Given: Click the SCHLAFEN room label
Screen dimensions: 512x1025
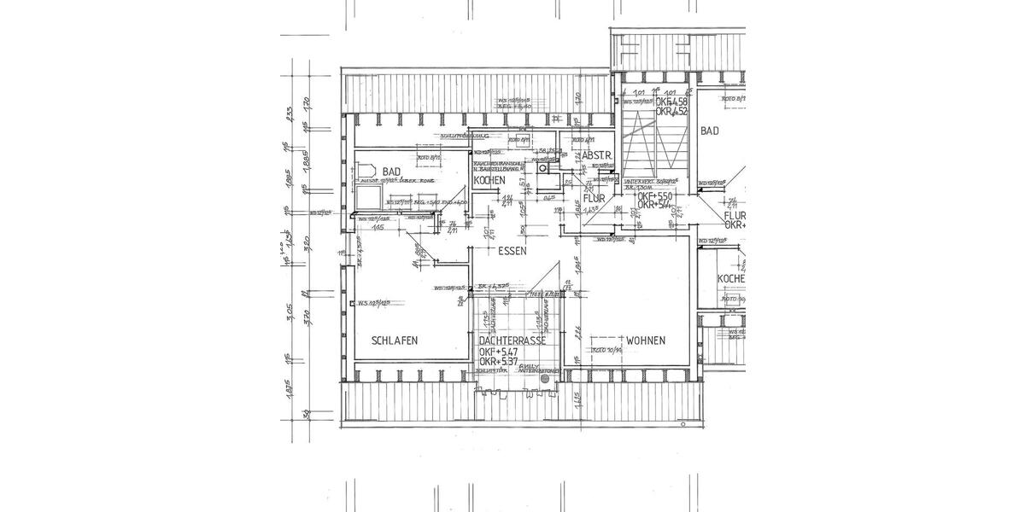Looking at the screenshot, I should [x=395, y=340].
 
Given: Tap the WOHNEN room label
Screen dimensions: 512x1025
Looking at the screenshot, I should [x=646, y=340].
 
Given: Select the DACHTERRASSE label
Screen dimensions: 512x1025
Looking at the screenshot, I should [x=512, y=340].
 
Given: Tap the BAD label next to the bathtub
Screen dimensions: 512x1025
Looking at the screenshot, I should [x=392, y=172].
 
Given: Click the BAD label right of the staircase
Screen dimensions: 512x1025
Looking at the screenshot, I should [x=710, y=131].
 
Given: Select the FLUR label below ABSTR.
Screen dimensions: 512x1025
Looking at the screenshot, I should [x=594, y=198].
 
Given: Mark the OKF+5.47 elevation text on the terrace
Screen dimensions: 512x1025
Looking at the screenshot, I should [x=500, y=352].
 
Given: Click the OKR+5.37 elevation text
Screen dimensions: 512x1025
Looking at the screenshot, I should [x=500, y=362].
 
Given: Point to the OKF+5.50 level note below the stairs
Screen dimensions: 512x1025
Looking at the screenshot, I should [x=656, y=195].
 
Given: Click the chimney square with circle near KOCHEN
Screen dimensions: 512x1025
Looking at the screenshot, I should [x=544, y=170].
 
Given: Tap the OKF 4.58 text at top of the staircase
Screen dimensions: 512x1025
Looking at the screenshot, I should [x=671, y=102].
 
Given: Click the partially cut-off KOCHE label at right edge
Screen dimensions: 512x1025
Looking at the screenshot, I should [x=731, y=280].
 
